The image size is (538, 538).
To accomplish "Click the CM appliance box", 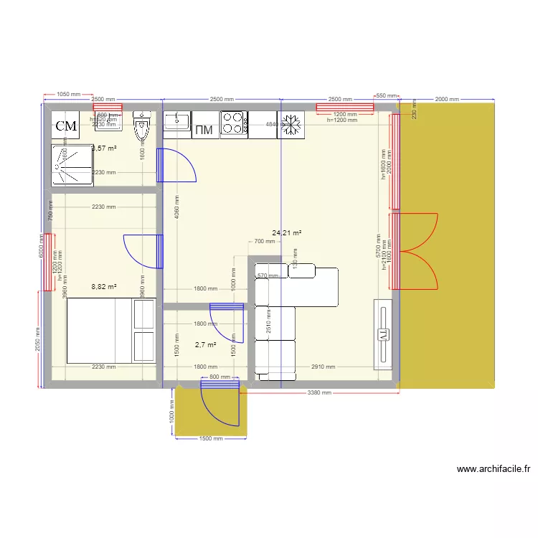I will point(66,126).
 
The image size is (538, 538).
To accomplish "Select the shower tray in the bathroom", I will point(72,165).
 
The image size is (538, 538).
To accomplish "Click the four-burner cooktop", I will point(234,124).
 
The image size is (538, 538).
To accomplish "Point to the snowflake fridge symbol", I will point(291,124).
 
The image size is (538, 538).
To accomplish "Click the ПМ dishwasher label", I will point(205,129).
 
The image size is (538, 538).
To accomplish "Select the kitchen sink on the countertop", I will point(176,124).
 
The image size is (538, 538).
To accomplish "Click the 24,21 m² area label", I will point(286,232).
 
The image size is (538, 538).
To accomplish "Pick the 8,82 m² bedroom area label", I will point(103,286).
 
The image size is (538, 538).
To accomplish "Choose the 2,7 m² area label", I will point(205,345).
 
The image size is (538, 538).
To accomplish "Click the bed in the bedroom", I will point(110,331).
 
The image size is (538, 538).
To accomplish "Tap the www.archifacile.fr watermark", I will point(494,470).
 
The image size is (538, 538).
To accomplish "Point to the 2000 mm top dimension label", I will point(447,100).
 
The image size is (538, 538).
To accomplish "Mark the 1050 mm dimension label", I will point(68,95).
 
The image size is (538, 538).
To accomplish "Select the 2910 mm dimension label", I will point(323,367).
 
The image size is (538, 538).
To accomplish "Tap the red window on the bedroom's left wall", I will point(48,262).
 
